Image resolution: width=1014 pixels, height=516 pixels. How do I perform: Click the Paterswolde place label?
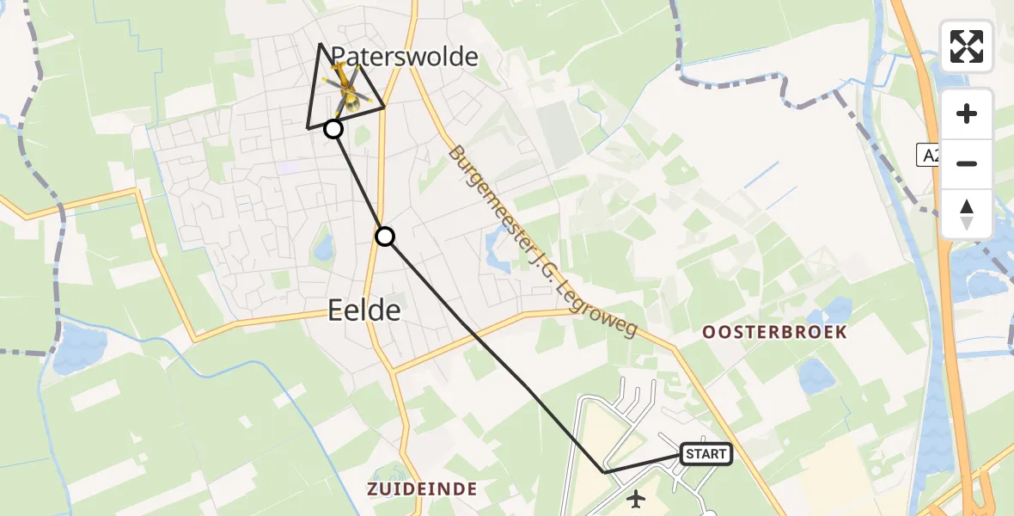click(x=404, y=58)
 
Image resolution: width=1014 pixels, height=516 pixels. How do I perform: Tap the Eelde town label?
click(x=364, y=310)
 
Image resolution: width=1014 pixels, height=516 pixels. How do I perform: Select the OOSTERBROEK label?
click(x=774, y=332)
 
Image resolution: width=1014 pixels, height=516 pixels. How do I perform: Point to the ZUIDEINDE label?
click(x=422, y=489)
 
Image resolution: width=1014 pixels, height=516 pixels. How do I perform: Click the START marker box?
click(x=706, y=454)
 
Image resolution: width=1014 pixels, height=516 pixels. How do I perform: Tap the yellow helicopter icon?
click(x=345, y=88)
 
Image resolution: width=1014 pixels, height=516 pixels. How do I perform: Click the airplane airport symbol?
click(x=636, y=498)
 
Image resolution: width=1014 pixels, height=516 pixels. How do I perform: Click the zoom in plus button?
click(x=967, y=114)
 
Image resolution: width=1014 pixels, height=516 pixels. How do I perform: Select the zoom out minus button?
click(x=967, y=163)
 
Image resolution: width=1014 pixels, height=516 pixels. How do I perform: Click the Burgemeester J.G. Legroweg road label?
click(x=542, y=241)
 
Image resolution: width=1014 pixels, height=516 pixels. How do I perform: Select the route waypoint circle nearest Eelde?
click(x=385, y=236)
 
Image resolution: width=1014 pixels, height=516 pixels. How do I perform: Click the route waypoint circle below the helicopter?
click(x=333, y=130)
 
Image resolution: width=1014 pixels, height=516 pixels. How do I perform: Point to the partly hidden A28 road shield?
click(x=928, y=156)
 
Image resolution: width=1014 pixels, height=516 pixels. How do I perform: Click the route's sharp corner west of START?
click(x=604, y=472)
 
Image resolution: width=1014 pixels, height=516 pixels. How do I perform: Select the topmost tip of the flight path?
click(x=321, y=43)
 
